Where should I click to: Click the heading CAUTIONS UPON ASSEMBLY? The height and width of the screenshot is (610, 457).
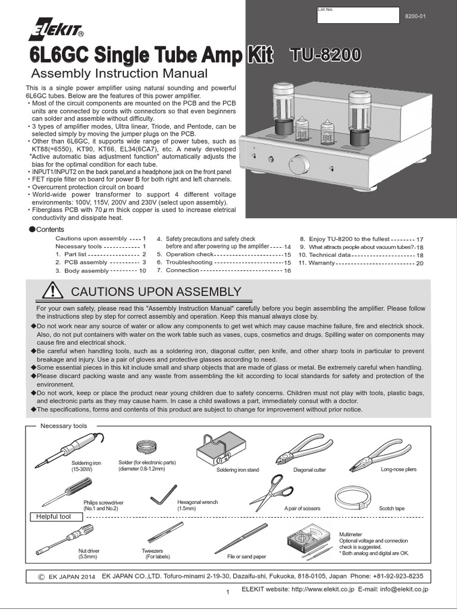click(x=156, y=291)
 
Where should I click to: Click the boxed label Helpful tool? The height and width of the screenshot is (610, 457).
click(x=54, y=516)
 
